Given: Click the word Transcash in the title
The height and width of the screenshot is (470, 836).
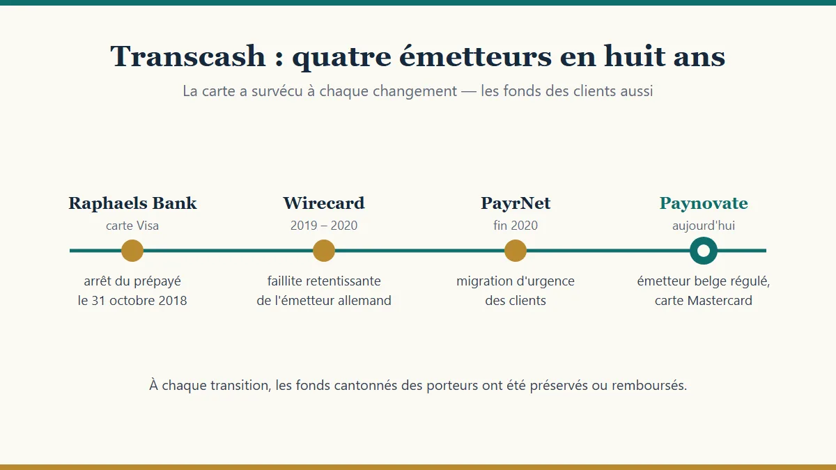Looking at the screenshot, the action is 187,56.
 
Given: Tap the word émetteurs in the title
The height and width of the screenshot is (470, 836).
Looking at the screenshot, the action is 475,56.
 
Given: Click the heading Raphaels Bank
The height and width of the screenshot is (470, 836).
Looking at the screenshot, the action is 132,203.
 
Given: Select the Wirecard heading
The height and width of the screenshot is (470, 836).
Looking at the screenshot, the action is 324,203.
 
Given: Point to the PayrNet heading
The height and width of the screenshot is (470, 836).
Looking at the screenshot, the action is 516,203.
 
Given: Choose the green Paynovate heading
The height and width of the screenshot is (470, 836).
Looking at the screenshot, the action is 704,204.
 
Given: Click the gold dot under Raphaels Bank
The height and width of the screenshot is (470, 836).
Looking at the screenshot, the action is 132,251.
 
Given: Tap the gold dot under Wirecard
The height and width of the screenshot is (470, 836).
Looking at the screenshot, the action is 324,251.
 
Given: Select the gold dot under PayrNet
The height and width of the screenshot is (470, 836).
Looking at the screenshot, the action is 516,251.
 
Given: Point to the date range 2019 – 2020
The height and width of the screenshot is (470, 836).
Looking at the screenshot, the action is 324,226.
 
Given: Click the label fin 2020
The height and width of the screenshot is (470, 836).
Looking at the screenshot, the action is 516,226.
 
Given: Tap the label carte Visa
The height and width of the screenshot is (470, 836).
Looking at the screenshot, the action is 132,226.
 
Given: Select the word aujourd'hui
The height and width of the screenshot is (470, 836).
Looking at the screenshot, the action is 704,226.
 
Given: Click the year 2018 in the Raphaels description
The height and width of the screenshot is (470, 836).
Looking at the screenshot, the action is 173,301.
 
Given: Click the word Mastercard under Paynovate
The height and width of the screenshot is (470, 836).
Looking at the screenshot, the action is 720,301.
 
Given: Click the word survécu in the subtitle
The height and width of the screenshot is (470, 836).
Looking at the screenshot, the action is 277,91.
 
